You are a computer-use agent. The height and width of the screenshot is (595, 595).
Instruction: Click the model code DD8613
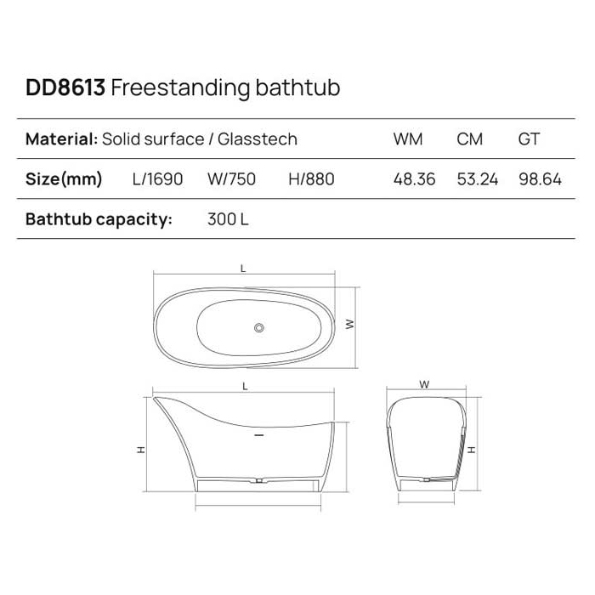(x=65, y=88)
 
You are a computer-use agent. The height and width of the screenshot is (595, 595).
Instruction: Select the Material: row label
(x=61, y=139)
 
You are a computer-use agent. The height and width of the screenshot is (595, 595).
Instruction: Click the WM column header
(x=408, y=139)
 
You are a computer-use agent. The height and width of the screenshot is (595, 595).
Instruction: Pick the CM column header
(x=469, y=139)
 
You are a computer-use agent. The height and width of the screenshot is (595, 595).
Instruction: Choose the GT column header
(x=529, y=139)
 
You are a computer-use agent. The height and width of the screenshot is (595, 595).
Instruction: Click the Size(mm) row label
(x=64, y=179)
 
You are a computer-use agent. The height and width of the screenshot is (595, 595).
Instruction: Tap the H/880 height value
(x=311, y=179)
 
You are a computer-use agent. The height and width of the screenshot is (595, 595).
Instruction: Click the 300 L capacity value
(x=228, y=219)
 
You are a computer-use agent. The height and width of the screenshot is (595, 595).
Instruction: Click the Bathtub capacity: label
(x=99, y=219)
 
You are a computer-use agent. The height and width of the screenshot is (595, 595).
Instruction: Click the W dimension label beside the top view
(x=349, y=324)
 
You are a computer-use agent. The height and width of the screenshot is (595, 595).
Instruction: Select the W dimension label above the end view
(x=424, y=384)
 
